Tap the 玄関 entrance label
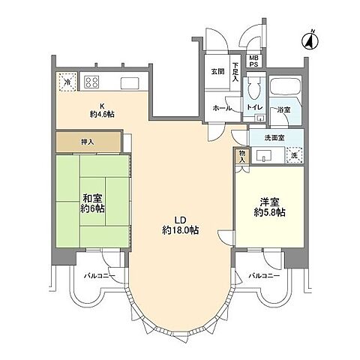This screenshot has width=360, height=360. click(x=217, y=72)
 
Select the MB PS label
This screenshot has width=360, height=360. click(x=253, y=61)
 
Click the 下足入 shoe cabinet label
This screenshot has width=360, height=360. click(x=235, y=70)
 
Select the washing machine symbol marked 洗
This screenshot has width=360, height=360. click(x=294, y=154)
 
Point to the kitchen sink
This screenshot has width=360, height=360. click(x=129, y=82)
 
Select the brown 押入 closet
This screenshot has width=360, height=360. click(x=88, y=140)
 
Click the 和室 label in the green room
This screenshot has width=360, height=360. click(x=92, y=198)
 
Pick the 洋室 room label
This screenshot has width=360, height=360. click(x=269, y=201)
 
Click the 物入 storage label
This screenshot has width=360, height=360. click(x=241, y=155)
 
